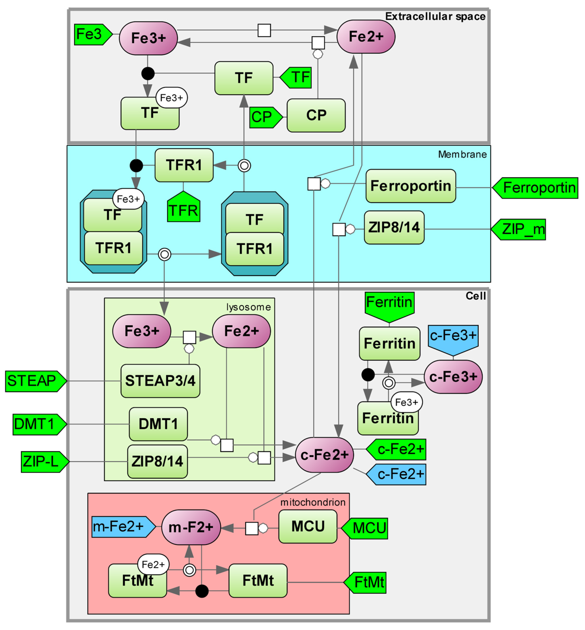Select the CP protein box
click(316, 115)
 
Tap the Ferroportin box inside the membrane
click(411, 186)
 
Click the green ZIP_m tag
click(521, 229)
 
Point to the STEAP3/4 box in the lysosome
click(160, 381)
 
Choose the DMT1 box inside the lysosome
click(158, 424)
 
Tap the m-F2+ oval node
click(191, 527)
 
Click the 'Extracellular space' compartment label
click(435, 17)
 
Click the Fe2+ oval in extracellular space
click(366, 37)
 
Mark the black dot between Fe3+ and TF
click(148, 73)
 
